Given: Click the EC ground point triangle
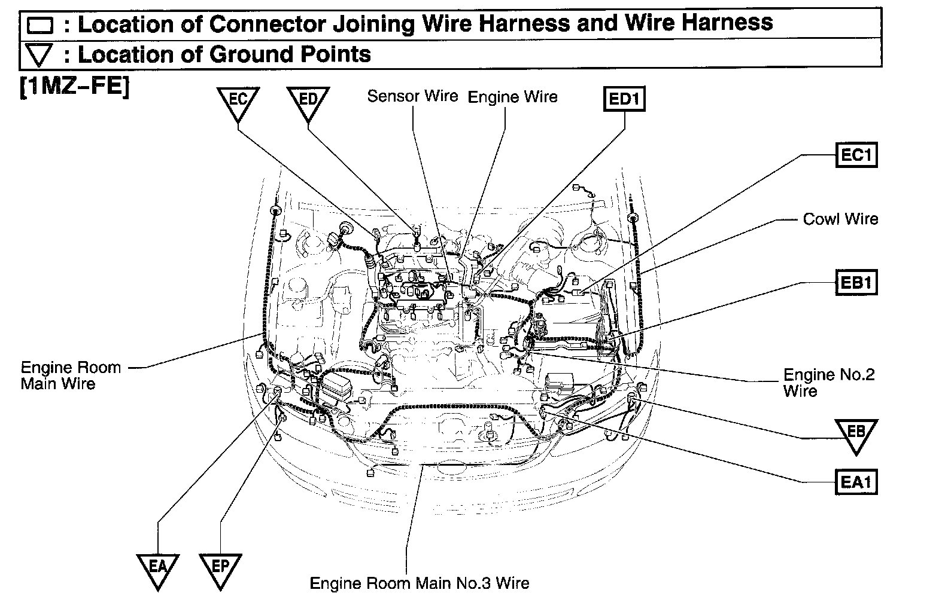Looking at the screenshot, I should click(x=238, y=102).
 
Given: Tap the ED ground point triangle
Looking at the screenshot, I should click(x=308, y=102).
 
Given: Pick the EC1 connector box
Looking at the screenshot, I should click(x=856, y=155).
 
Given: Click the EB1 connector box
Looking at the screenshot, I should click(x=856, y=282).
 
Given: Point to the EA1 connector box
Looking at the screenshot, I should click(x=856, y=481).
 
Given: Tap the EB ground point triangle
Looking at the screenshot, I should click(x=856, y=433).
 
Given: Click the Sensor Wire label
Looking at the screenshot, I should click(x=412, y=96).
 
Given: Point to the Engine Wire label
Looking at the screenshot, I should click(x=512, y=97).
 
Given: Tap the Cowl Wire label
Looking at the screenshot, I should click(x=840, y=219).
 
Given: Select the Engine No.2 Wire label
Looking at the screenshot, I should click(x=828, y=383).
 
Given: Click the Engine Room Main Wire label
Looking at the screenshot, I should click(x=70, y=375).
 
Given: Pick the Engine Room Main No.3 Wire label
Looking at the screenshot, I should click(x=419, y=583).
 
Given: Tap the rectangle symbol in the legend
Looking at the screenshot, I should click(x=41, y=26).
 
